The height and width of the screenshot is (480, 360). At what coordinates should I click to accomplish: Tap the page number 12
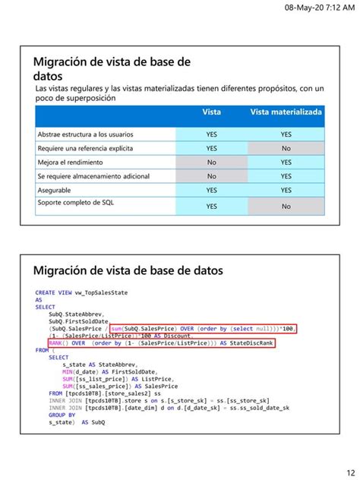tap(346, 469)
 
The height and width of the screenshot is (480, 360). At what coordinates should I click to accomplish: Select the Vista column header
tap(212, 112)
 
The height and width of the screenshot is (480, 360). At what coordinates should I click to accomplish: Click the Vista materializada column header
tap(286, 112)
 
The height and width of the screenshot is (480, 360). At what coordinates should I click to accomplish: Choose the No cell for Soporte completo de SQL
tap(286, 206)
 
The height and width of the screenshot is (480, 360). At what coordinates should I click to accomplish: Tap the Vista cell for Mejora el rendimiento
tap(212, 162)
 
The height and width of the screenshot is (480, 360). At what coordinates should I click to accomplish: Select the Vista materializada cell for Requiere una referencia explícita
tap(286, 148)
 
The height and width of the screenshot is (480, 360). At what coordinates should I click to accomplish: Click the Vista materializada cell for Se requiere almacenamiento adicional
tap(286, 176)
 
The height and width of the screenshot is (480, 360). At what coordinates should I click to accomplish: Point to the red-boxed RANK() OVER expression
tap(159, 343)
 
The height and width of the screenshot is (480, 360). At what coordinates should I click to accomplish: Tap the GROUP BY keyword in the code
tap(62, 415)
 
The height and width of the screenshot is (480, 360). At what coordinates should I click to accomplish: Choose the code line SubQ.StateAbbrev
tap(76, 314)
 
